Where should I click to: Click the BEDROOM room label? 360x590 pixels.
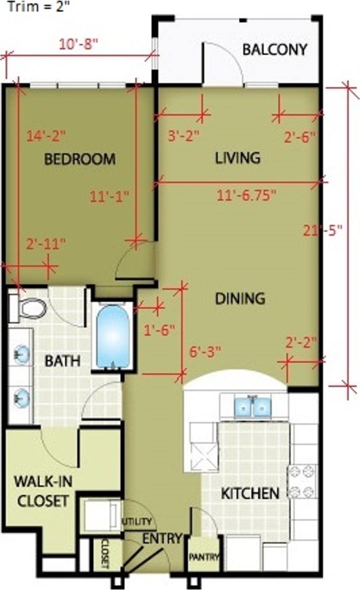tap(80, 159)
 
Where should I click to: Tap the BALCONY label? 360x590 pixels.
tap(274, 49)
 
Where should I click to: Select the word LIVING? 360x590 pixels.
tap(238, 157)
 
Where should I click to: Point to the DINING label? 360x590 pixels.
tap(239, 298)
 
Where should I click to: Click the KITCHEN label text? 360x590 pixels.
tap(250, 493)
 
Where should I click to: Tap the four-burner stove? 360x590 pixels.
tap(302, 481)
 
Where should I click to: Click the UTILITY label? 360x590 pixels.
tap(137, 521)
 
